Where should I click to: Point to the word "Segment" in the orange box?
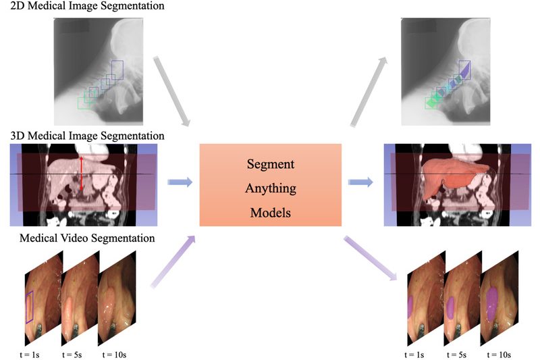coord(270,165)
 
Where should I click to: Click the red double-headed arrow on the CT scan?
coord(82,174)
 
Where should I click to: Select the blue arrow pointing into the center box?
coord(179,182)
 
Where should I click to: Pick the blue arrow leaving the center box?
coord(361,182)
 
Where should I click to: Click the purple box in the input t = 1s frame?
coord(28,307)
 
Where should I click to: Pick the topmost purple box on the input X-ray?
coord(117,70)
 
